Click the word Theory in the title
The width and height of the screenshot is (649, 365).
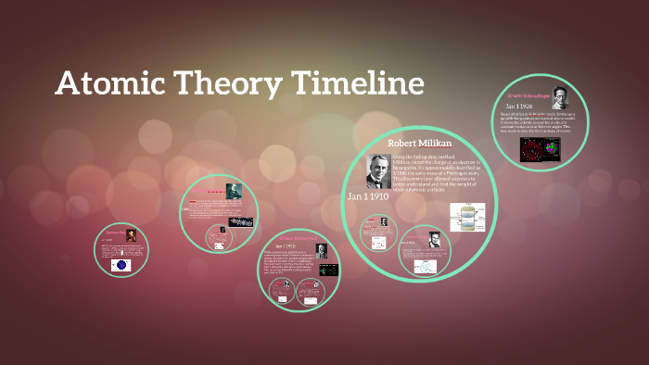click(x=220, y=85)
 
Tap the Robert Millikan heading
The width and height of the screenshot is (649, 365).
click(x=414, y=145)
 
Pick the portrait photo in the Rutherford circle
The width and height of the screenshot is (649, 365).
click(x=320, y=250)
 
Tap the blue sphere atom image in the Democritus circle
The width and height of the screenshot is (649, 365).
click(x=121, y=265)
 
